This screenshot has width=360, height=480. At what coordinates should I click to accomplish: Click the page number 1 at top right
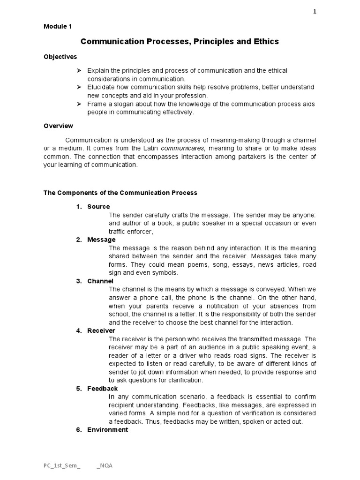[315, 12]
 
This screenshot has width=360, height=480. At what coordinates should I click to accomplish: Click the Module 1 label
[58, 27]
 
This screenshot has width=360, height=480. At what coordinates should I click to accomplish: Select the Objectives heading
[60, 57]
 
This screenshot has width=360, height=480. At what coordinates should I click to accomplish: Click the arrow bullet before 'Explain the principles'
[78, 70]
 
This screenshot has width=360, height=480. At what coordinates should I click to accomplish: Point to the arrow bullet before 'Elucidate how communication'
[78, 87]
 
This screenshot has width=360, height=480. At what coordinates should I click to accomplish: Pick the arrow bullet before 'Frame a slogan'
[78, 104]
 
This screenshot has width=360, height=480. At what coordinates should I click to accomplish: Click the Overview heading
[58, 126]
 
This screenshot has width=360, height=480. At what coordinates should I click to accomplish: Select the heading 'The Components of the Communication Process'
[120, 193]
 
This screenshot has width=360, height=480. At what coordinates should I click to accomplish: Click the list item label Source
[98, 207]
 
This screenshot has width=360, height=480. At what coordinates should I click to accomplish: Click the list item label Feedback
[103, 389]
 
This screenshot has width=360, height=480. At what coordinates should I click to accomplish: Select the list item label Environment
[107, 429]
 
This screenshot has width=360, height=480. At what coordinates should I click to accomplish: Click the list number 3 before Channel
[78, 281]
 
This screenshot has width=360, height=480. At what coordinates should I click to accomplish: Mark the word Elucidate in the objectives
[101, 87]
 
